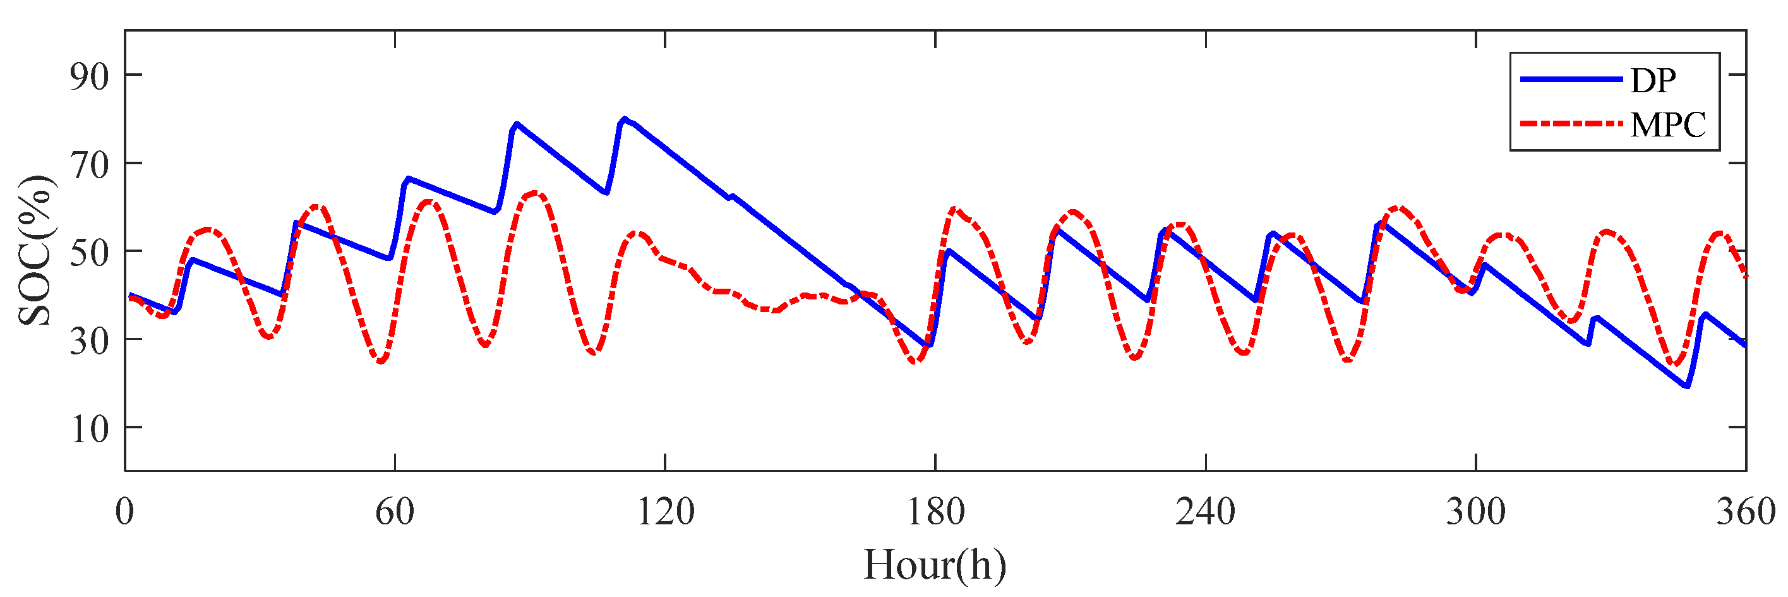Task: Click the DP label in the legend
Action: (1653, 81)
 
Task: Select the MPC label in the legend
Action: (1668, 125)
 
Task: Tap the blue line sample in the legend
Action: (1571, 79)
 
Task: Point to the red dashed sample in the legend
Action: (1571, 124)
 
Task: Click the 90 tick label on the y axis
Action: (90, 76)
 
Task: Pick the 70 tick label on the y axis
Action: (90, 166)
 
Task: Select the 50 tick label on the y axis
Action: (90, 253)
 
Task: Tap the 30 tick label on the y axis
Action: (90, 341)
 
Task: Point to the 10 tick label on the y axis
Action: (90, 429)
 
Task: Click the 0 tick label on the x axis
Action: (125, 512)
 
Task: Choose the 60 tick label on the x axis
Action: (395, 512)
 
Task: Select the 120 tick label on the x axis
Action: (665, 512)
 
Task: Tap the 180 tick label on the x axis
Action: (935, 512)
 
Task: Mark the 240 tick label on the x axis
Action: (1206, 512)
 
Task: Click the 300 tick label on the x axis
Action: (1475, 512)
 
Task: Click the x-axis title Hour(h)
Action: (935, 564)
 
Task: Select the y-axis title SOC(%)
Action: (35, 251)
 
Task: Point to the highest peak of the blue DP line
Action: (625, 119)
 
